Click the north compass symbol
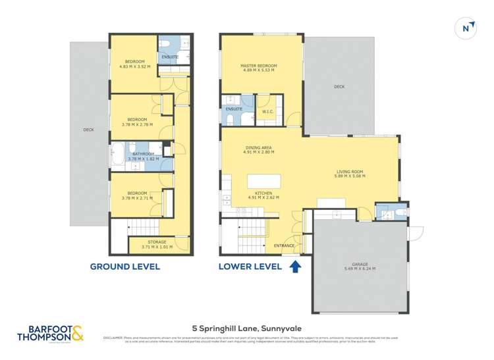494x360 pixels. [466, 28]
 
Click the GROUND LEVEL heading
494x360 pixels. [124, 267]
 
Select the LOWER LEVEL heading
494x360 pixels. [250, 267]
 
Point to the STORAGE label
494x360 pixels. [157, 242]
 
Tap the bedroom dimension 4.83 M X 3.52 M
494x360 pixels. [134, 66]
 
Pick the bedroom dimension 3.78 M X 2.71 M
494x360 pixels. [136, 197]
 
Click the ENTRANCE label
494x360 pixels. [283, 245]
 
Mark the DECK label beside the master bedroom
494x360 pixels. [339, 86]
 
